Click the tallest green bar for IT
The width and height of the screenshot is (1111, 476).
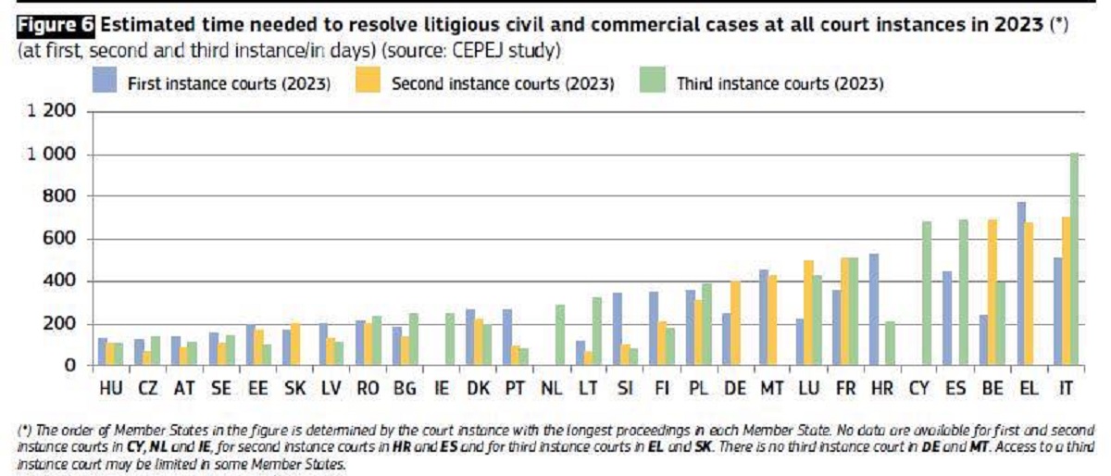click(x=1074, y=259)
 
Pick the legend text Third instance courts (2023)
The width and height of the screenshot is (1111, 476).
click(x=780, y=83)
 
